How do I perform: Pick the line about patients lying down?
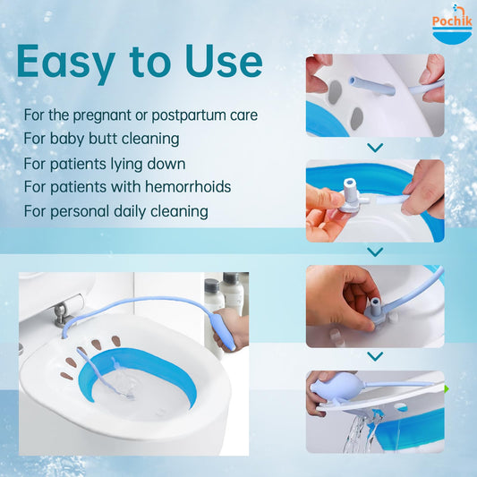pos(105,163)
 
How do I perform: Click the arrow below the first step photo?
pos(375,147)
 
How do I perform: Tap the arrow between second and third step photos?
pos(375,251)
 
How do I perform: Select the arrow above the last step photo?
pos(375,357)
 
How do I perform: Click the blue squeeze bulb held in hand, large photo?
pos(226,336)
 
